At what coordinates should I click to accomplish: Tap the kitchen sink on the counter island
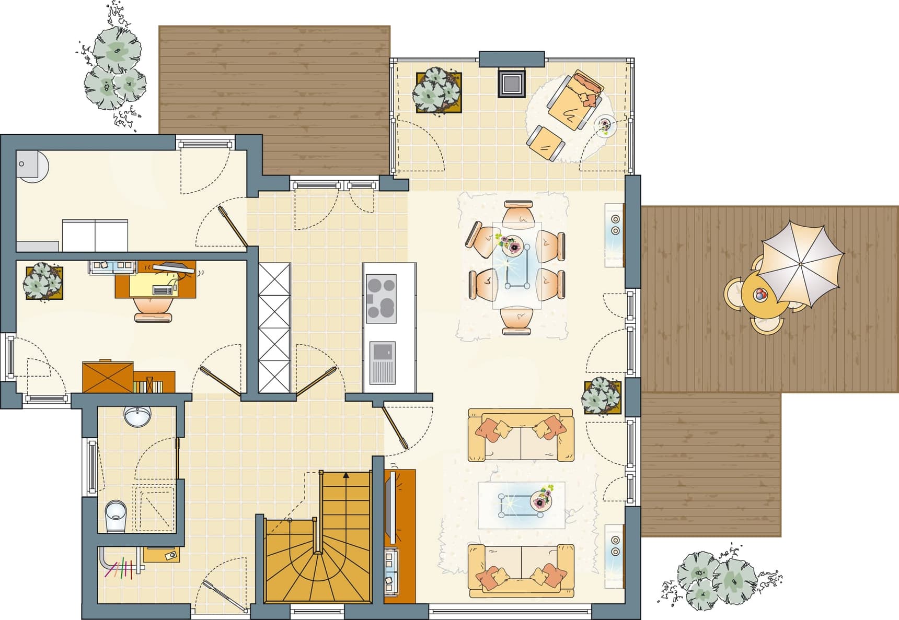tap(382, 362)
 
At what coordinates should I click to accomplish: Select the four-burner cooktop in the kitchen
tap(381, 298)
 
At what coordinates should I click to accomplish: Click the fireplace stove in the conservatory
tap(511, 83)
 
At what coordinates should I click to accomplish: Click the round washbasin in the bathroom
tap(137, 416)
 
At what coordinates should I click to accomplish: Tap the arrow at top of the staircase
tap(345, 475)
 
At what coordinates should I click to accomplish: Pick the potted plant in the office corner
tap(43, 282)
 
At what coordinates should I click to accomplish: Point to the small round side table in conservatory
tap(605, 125)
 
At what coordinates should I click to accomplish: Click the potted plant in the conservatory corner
tap(437, 91)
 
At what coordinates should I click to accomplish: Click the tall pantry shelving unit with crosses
tap(274, 327)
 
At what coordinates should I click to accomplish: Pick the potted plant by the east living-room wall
tap(602, 396)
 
